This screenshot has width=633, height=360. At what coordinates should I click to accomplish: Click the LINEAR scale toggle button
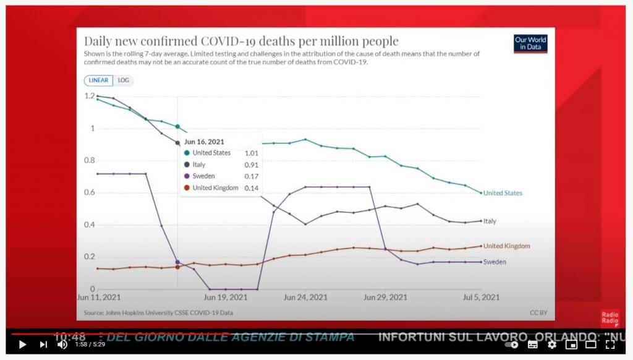click(99, 80)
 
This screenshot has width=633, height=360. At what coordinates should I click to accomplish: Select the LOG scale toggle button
click(124, 80)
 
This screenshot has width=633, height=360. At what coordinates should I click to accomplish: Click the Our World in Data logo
click(530, 43)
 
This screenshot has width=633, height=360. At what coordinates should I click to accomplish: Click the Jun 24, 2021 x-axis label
click(305, 298)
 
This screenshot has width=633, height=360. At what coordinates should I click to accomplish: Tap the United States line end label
click(503, 193)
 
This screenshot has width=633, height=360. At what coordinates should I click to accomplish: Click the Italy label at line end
click(490, 221)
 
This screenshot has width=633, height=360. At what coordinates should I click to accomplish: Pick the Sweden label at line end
click(495, 262)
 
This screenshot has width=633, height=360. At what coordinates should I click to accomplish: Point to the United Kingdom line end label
click(506, 246)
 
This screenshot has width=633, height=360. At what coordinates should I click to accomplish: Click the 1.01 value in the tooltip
click(252, 153)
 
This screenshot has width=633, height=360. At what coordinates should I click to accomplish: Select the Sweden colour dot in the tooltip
click(187, 176)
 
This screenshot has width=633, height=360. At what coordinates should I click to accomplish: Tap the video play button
click(22, 345)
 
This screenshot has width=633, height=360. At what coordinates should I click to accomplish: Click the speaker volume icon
click(62, 345)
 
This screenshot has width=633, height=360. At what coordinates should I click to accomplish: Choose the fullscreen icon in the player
click(610, 345)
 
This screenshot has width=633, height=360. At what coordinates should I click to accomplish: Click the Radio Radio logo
click(610, 318)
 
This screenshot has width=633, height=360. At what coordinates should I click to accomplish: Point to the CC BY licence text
click(538, 312)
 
